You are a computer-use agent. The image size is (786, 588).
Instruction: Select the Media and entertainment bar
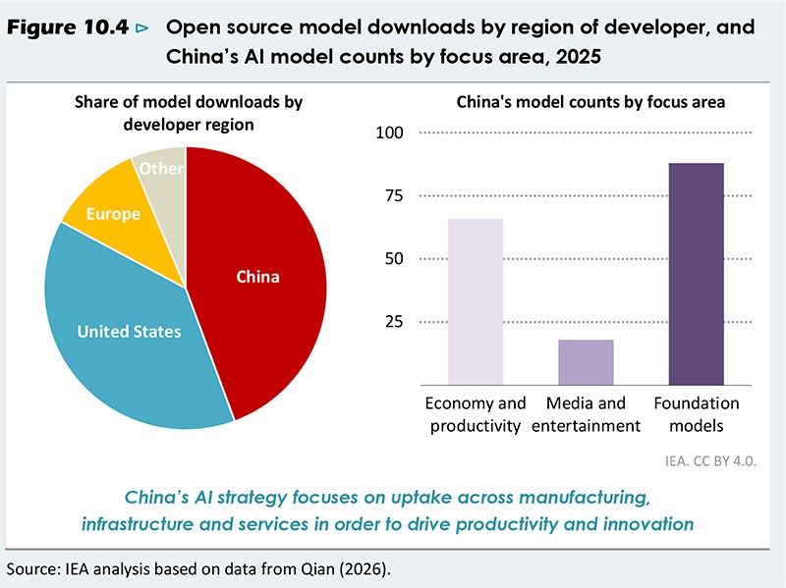(586, 362)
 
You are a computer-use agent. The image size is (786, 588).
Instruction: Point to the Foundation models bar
(696, 274)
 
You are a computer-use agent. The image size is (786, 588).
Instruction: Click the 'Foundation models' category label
(697, 414)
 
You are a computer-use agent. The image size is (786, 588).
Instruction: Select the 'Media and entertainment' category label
(586, 414)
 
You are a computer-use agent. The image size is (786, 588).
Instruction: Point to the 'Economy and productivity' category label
(476, 414)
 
